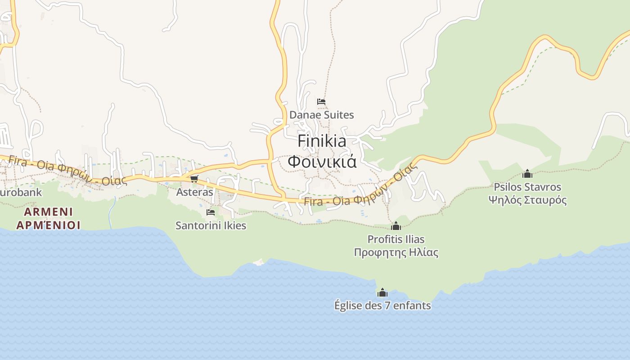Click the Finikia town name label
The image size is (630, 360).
[x=322, y=141]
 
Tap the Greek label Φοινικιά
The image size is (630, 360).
[x=322, y=161]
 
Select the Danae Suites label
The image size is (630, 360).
[x=321, y=115]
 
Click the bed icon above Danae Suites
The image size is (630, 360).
[x=321, y=102]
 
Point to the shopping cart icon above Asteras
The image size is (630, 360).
[x=194, y=179]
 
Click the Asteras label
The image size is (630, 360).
[x=194, y=192]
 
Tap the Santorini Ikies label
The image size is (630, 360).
[x=211, y=225]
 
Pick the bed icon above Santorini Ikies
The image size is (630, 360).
[x=210, y=212]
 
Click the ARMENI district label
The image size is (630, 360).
[x=49, y=211]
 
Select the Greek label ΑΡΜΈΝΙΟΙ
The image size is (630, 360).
[x=49, y=225]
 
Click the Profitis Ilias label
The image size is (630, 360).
[x=396, y=239]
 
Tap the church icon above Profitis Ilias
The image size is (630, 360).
[x=396, y=226]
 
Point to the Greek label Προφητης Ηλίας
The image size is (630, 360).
[x=396, y=252]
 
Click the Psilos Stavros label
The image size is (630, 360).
[x=527, y=187]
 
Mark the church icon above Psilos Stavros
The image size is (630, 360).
[x=527, y=174]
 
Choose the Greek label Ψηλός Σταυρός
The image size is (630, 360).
[x=527, y=200]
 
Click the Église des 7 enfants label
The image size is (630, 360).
[x=382, y=306]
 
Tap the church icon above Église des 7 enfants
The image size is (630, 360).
[x=382, y=293]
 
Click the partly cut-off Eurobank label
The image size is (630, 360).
[x=21, y=193]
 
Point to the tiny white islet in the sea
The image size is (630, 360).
[x=258, y=262]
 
